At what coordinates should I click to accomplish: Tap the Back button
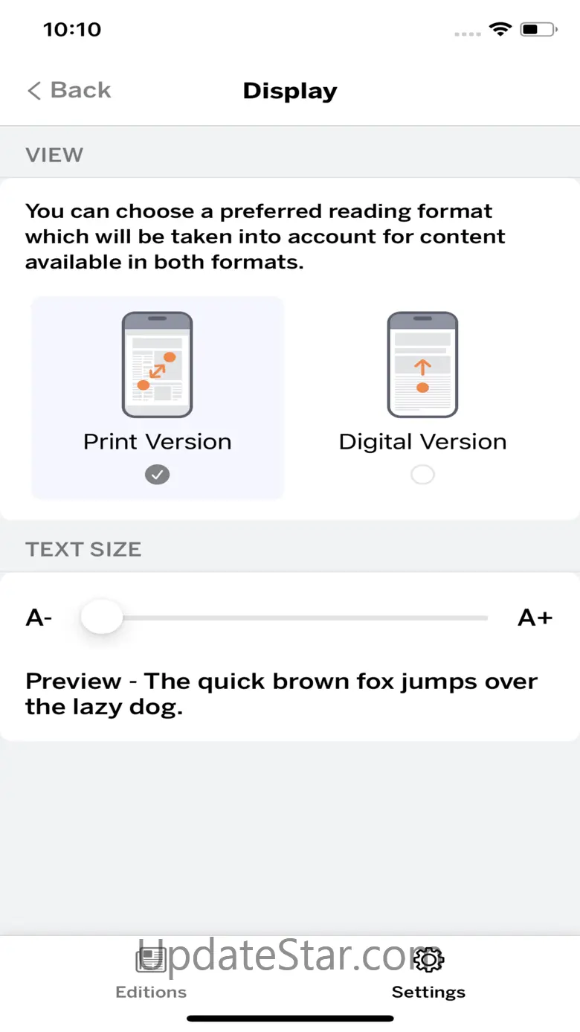[69, 90]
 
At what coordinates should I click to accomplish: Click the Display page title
[290, 92]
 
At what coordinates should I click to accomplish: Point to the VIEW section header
[54, 155]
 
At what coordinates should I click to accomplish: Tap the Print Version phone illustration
[158, 365]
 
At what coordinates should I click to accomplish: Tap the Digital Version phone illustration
[422, 365]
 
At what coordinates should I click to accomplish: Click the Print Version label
[158, 442]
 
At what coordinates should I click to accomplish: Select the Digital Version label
[422, 442]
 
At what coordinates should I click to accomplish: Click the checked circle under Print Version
[158, 475]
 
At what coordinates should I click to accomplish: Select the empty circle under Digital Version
[422, 475]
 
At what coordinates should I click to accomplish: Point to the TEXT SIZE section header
[83, 549]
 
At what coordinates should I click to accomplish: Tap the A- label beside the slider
[39, 618]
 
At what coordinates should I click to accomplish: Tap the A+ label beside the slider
[535, 618]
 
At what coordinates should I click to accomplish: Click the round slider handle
[102, 617]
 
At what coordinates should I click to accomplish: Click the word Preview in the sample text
[74, 681]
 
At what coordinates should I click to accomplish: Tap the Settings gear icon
[428, 960]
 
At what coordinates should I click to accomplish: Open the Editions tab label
[151, 992]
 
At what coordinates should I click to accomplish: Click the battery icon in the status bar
[538, 30]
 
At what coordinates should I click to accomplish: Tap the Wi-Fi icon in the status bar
[500, 29]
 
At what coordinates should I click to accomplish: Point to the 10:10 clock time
[72, 30]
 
